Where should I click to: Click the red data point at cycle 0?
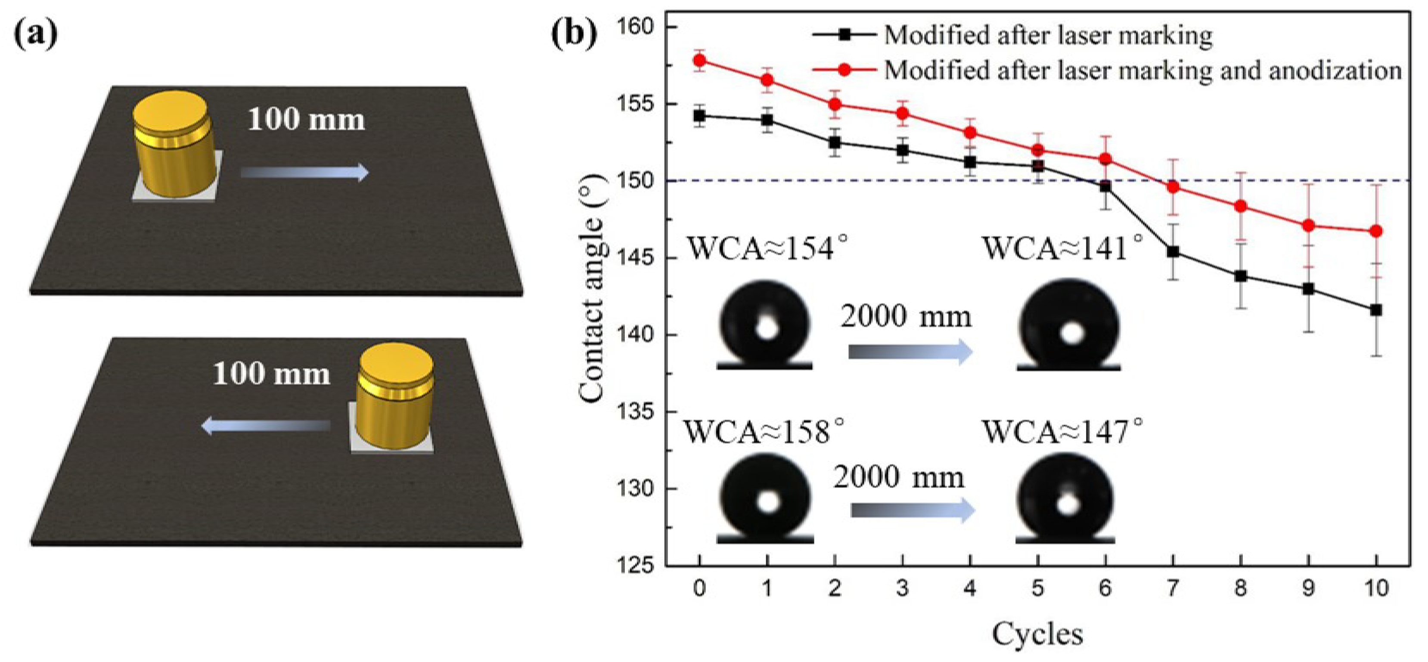pyautogui.click(x=700, y=60)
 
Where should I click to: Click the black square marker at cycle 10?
pyautogui.click(x=1375, y=310)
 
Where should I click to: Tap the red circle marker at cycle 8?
pyautogui.click(x=1241, y=207)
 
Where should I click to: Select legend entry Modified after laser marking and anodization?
pyautogui.click(x=1142, y=70)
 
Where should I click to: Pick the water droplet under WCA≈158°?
pyautogui.click(x=766, y=498)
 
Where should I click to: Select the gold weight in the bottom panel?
pyautogui.click(x=394, y=396)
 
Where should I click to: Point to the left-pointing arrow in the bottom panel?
pyautogui.click(x=266, y=425)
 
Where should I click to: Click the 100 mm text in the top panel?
pyautogui.click(x=306, y=120)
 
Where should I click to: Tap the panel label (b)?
pyautogui.click(x=574, y=34)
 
